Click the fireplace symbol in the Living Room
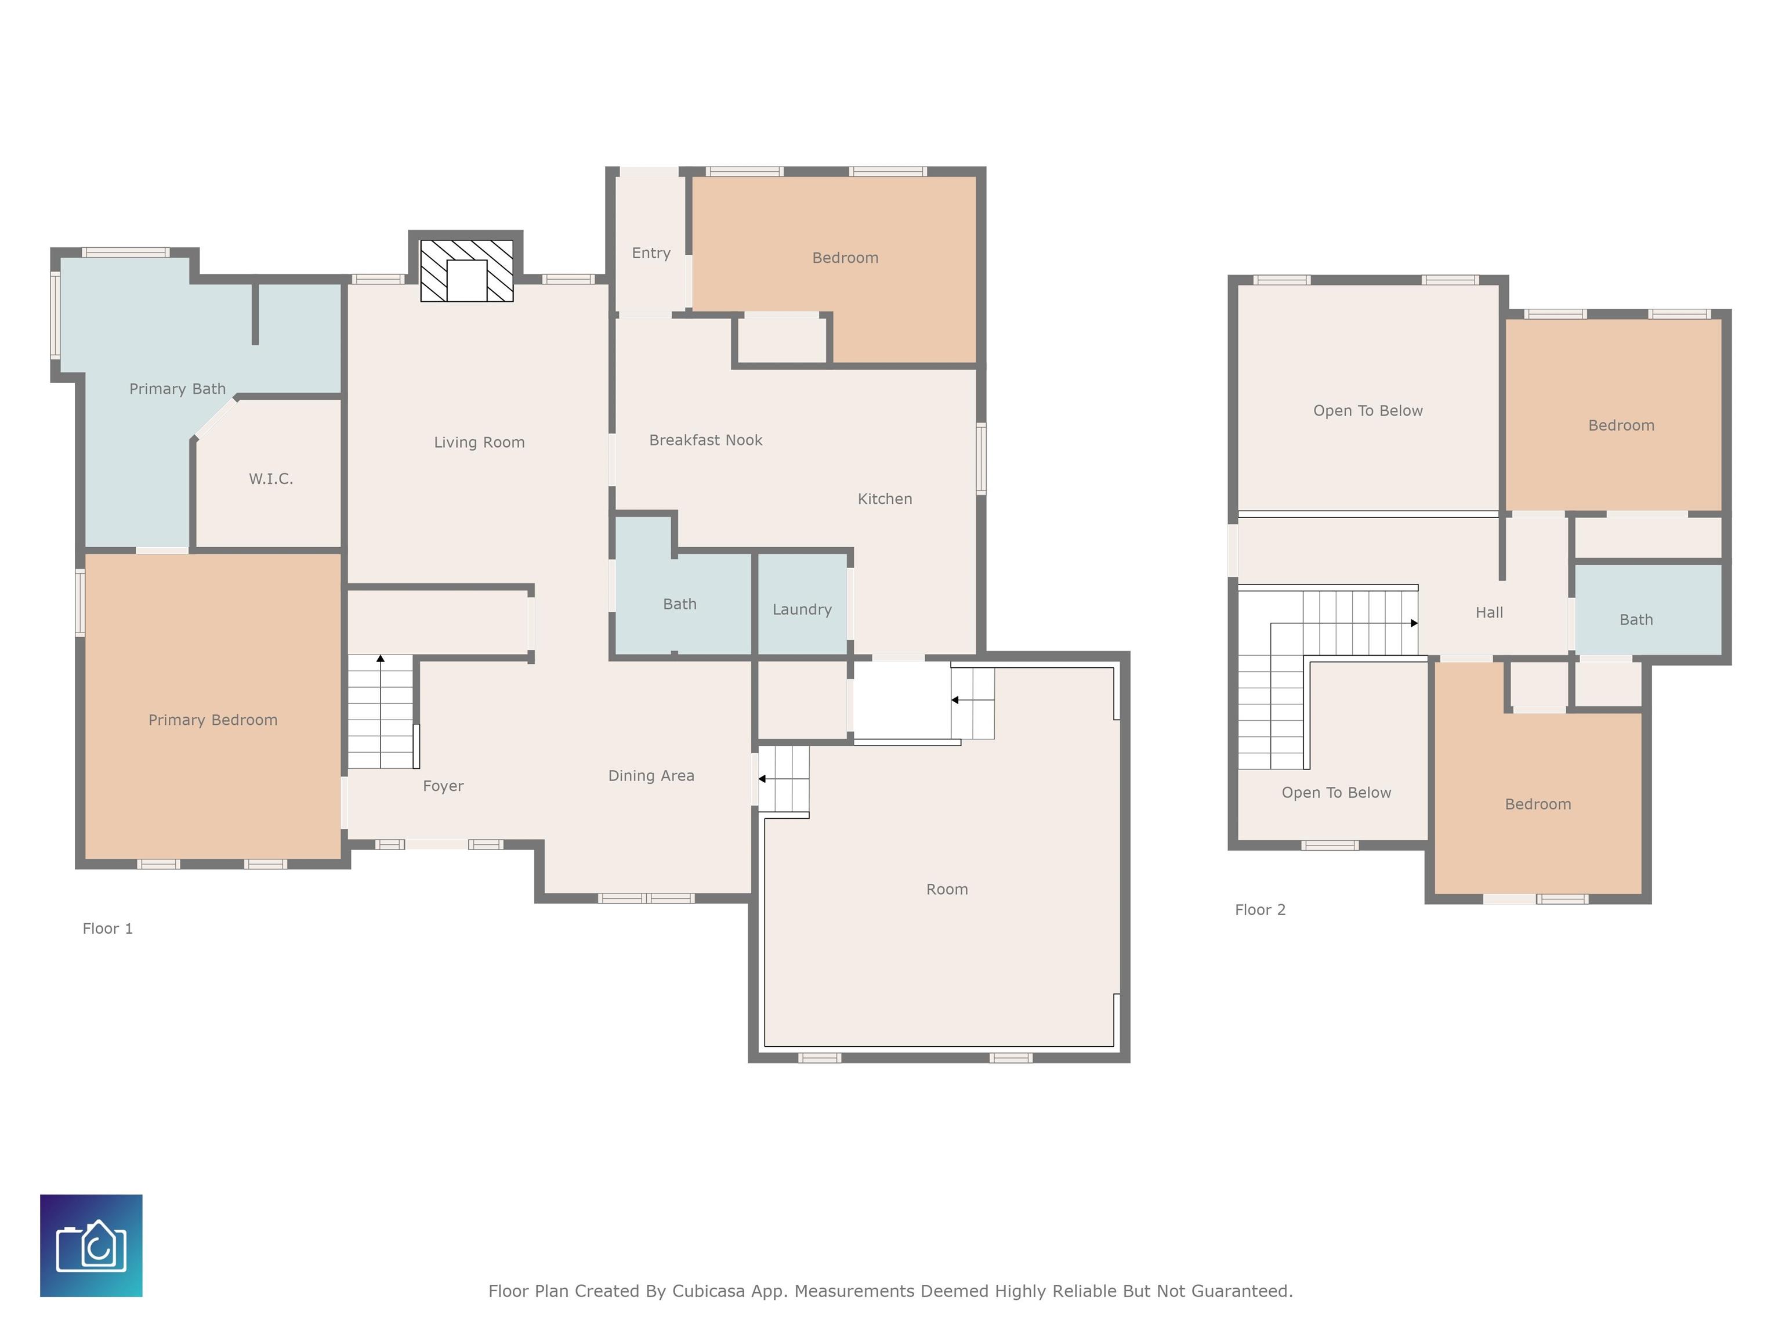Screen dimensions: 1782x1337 tap(466, 271)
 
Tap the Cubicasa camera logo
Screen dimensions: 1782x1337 tap(91, 1245)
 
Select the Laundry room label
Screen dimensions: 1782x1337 tap(802, 610)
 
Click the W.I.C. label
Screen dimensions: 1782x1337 tap(271, 479)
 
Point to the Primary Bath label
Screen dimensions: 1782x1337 tap(178, 389)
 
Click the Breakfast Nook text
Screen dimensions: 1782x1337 tap(706, 440)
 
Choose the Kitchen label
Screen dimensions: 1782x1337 tap(885, 499)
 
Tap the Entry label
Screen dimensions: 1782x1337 tap(651, 253)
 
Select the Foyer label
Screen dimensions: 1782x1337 tap(443, 786)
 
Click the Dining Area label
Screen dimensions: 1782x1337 tap(651, 776)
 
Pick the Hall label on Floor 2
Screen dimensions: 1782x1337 tap(1488, 612)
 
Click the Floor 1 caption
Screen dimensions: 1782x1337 tap(107, 928)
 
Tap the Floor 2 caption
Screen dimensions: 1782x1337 tap(1260, 910)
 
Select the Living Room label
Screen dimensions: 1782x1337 tap(479, 442)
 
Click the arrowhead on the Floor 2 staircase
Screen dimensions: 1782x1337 tap(1414, 623)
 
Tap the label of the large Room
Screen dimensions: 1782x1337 tap(947, 890)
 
